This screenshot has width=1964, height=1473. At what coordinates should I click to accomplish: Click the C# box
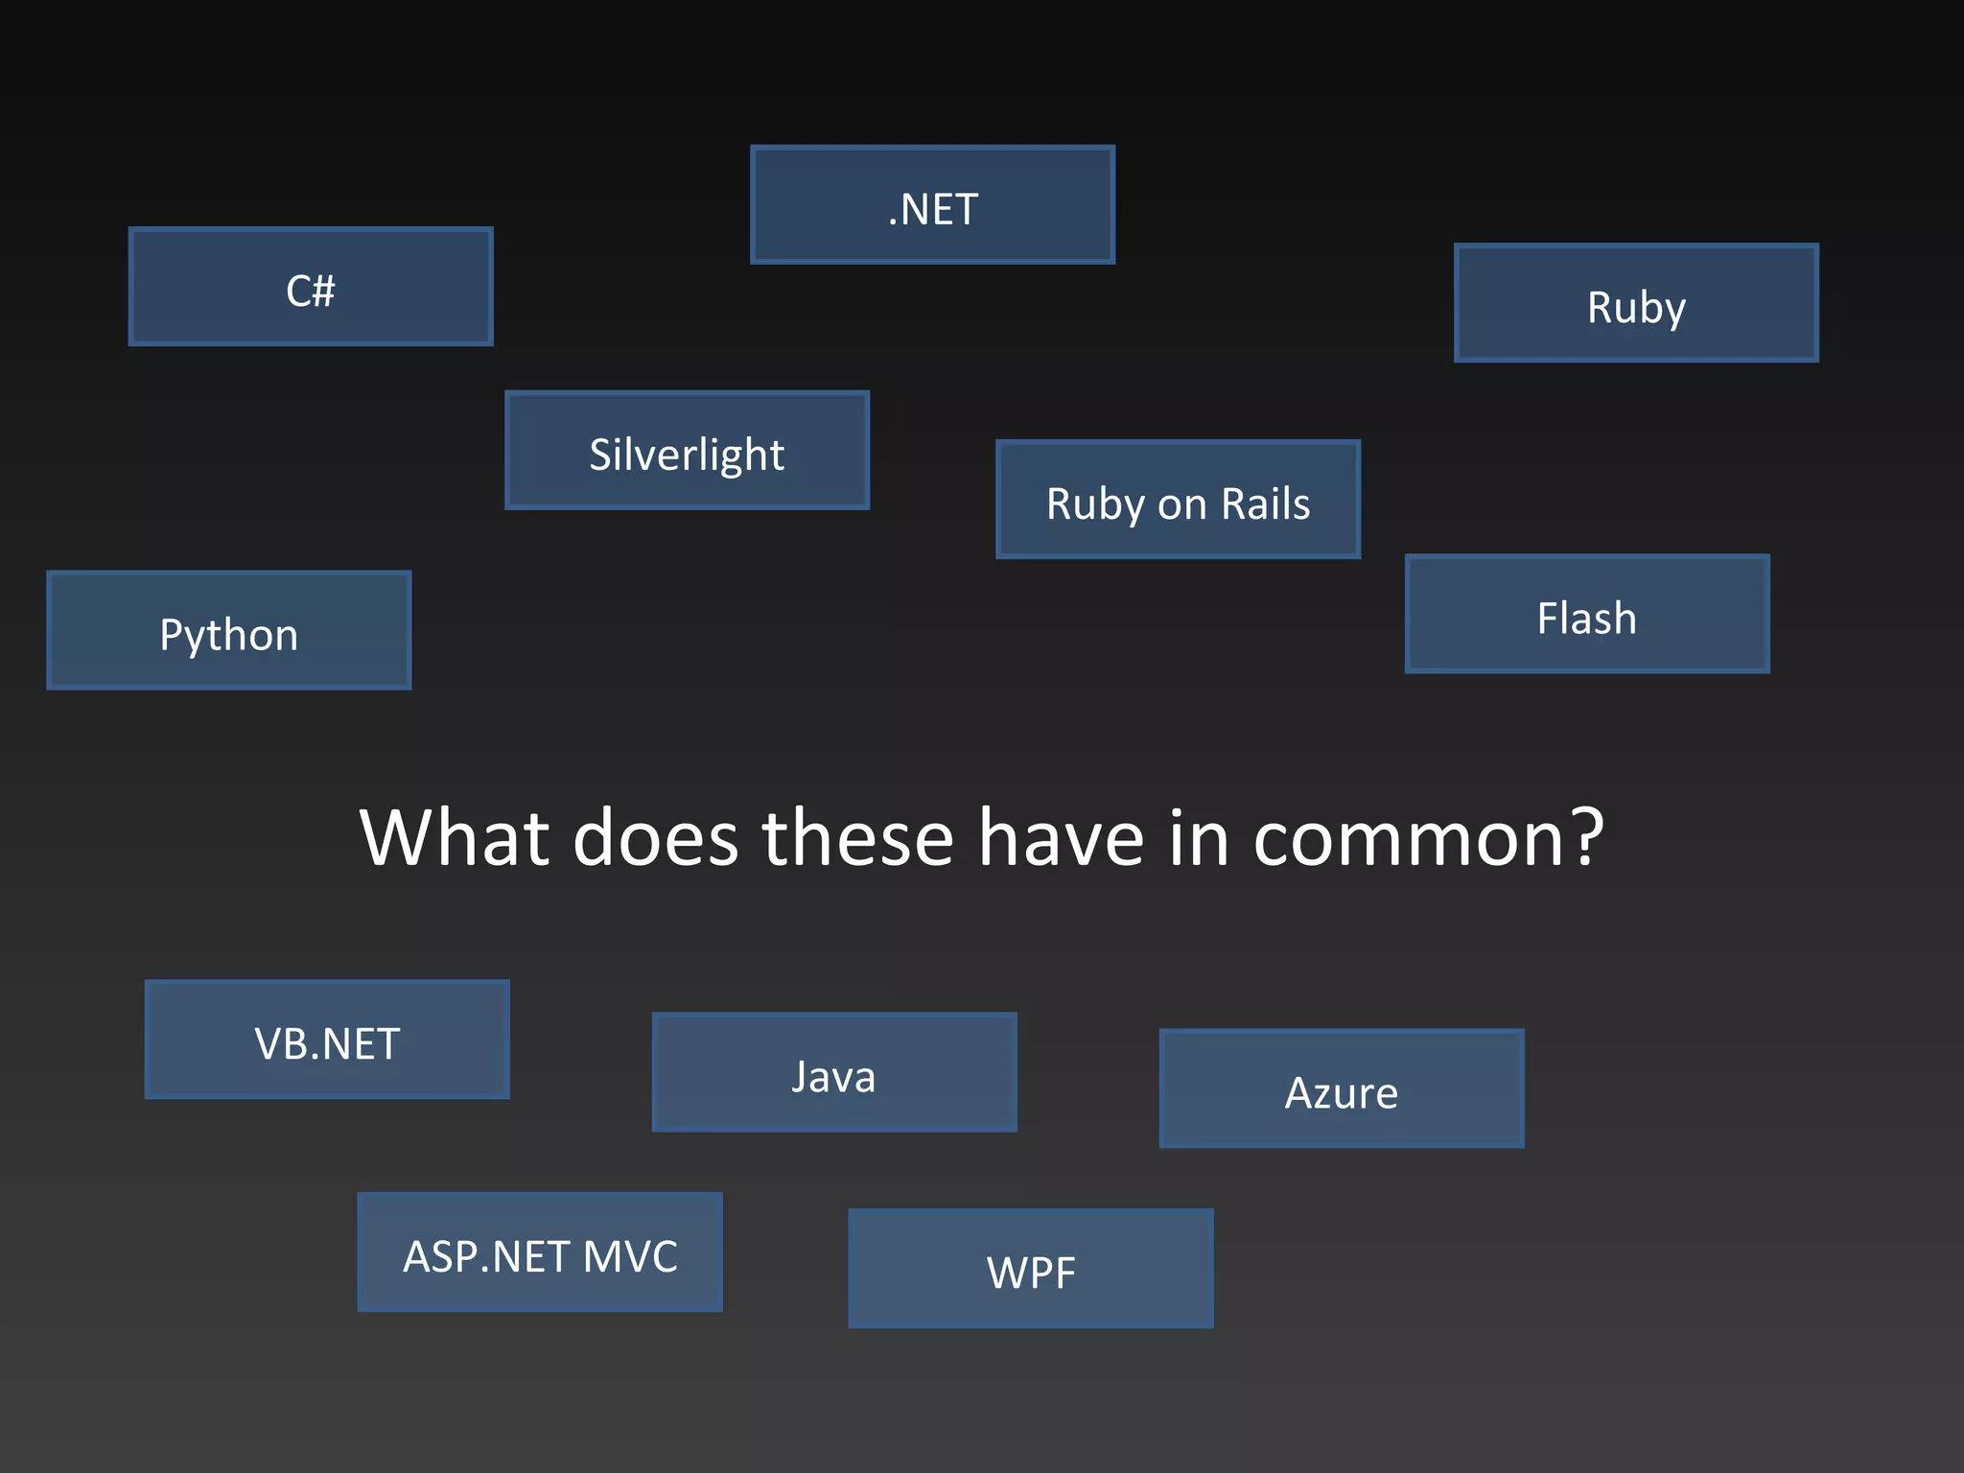(311, 287)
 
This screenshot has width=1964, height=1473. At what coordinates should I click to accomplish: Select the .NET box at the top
(932, 205)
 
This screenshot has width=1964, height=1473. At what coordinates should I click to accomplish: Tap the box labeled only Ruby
(1636, 303)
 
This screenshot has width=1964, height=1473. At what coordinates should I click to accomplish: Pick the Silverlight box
(687, 451)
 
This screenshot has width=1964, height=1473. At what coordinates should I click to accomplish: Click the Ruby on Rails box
(1178, 500)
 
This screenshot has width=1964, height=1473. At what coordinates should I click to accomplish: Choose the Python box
(228, 631)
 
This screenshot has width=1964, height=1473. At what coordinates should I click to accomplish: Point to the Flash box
(1587, 615)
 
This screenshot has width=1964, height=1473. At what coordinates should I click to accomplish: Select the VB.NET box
(327, 1040)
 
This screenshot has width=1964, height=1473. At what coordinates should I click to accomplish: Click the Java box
(834, 1072)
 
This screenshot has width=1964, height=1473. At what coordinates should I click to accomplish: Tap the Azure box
(1342, 1089)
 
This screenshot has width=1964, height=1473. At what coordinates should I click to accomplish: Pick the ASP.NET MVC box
(540, 1252)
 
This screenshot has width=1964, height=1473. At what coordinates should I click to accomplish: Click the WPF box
(1031, 1269)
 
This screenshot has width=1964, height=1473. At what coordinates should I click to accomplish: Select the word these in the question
(857, 837)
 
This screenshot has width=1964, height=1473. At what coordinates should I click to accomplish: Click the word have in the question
(1062, 837)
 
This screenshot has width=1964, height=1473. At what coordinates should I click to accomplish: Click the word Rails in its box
(1265, 504)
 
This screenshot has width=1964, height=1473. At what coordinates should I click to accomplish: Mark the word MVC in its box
(629, 1256)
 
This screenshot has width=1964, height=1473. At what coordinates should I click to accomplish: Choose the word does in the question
(656, 837)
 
